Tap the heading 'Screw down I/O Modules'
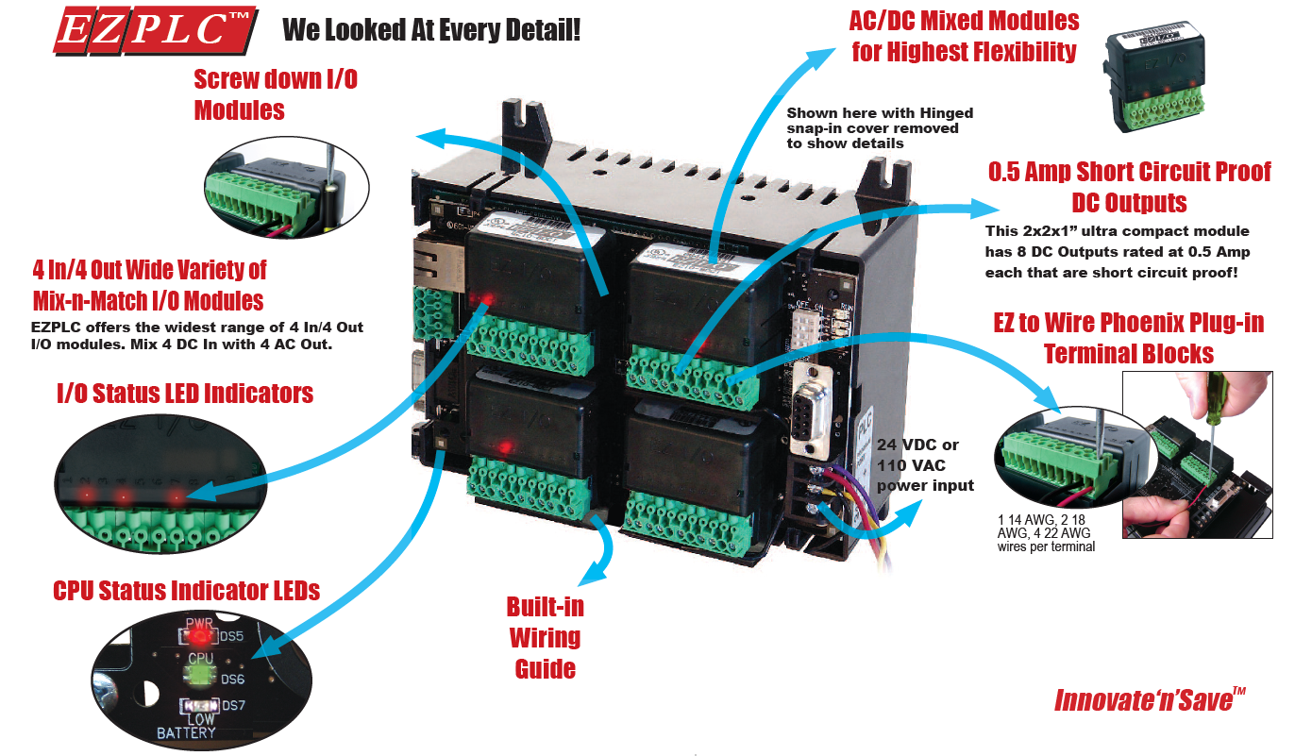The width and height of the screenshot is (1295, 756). click(x=275, y=94)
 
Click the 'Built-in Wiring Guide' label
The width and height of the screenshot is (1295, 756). click(x=545, y=637)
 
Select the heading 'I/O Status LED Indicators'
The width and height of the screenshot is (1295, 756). click(x=185, y=393)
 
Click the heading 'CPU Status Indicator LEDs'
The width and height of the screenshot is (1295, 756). click(x=186, y=591)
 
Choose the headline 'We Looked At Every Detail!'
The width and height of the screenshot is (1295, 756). click(x=431, y=31)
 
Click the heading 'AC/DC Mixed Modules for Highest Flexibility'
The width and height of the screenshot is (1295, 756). click(x=964, y=35)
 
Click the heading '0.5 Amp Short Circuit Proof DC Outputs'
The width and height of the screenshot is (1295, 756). click(x=1129, y=187)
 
